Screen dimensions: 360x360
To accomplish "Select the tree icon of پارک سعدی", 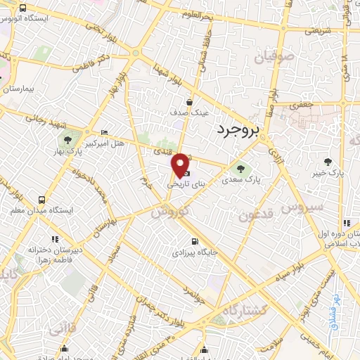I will (x=242, y=169).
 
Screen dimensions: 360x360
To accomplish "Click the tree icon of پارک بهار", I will (x=68, y=139).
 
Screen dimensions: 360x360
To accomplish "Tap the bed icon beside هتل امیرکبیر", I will (x=105, y=132).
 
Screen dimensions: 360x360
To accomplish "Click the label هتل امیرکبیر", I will (x=104, y=143).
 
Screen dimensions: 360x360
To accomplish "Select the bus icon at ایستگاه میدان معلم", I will (x=42, y=199).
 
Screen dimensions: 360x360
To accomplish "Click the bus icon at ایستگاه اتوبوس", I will (x=23, y=8).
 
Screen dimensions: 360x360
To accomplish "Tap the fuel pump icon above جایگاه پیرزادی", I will (x=185, y=239).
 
